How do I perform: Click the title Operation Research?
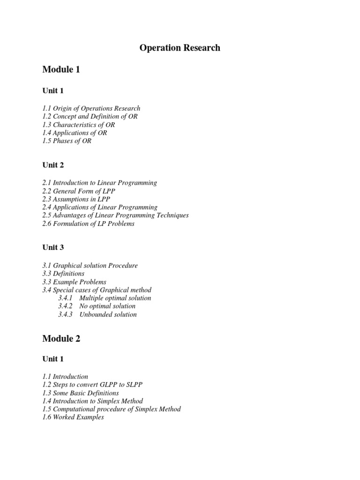point(180,48)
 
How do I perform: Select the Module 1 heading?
point(61,70)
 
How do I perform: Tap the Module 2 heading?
point(61,338)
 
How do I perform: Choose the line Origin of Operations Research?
point(91,108)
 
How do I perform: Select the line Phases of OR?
point(67,141)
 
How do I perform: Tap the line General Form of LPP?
point(78,191)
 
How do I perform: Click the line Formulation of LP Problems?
point(88,224)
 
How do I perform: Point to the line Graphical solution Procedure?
point(90,265)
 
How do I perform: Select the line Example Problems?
point(74,282)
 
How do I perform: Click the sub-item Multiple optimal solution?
point(115,298)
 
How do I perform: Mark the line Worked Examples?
point(73,417)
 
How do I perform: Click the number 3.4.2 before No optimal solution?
point(65,306)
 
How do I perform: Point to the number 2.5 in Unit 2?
point(47,215)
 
